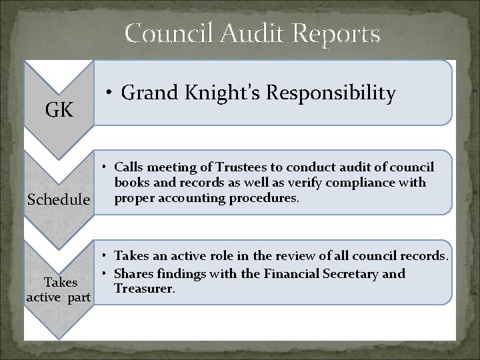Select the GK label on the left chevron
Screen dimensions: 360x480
tap(59, 111)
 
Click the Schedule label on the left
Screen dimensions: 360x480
tap(59, 199)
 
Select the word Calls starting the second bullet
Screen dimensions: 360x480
tap(128, 167)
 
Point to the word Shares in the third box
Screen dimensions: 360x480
tap(132, 273)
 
